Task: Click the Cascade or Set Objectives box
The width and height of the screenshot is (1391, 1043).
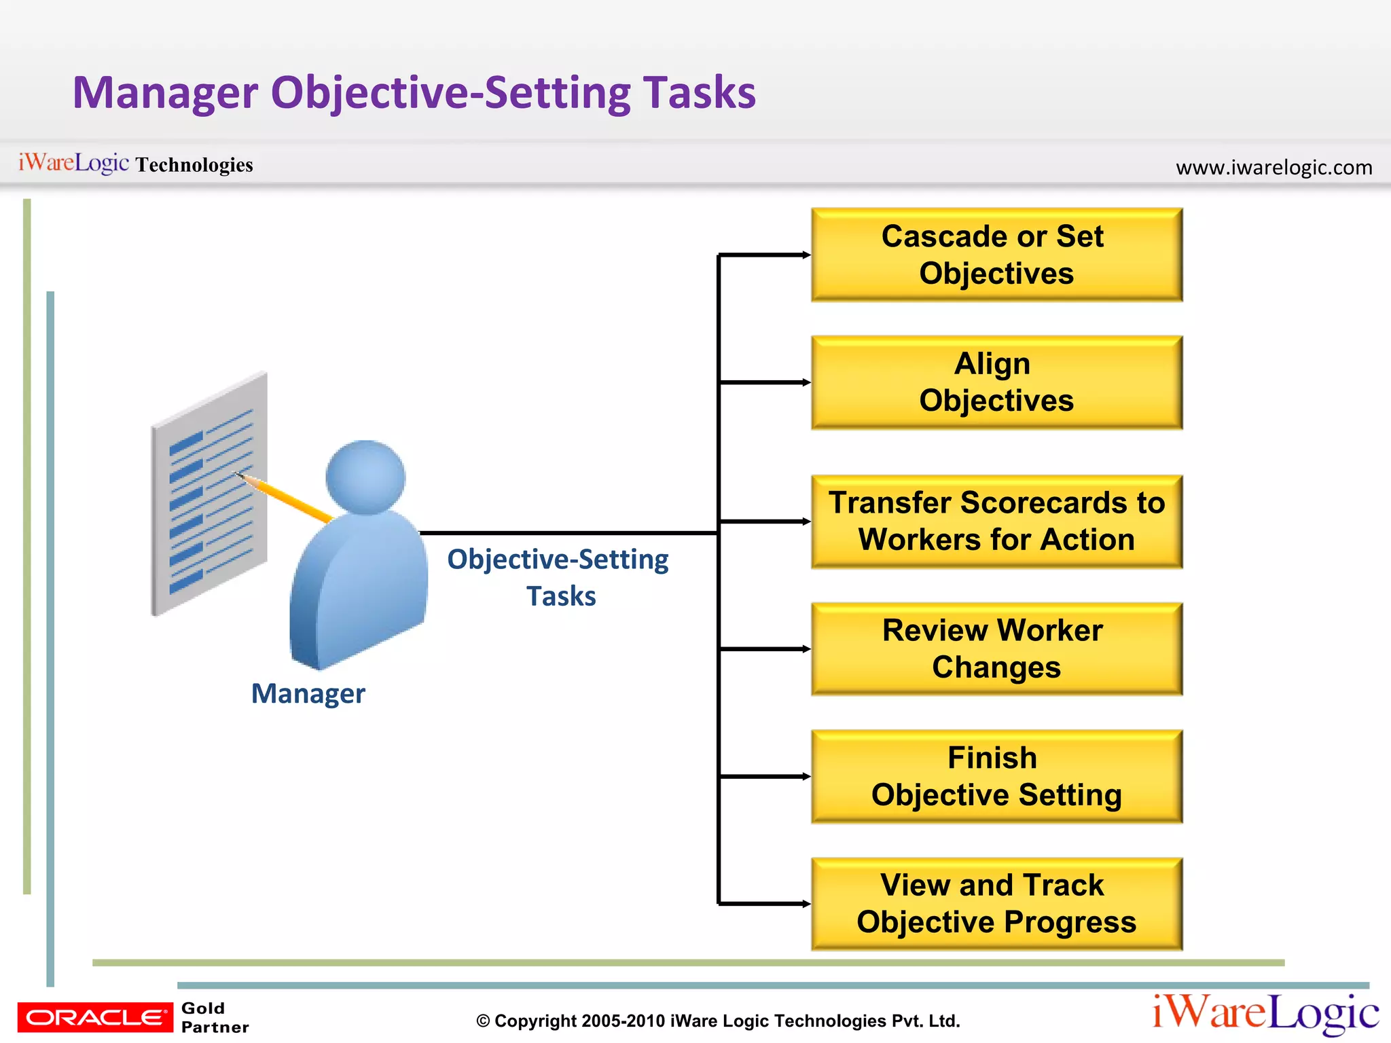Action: coord(996,255)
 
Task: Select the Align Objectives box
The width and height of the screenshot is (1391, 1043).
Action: coord(996,382)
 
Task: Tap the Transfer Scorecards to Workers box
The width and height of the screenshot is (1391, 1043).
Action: coord(996,521)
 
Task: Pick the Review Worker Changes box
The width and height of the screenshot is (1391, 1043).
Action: coord(996,649)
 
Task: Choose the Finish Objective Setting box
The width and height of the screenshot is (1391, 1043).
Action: coord(996,776)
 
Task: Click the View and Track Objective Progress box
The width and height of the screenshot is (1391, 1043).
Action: coord(996,904)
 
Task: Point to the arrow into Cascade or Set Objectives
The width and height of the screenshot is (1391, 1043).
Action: coord(765,255)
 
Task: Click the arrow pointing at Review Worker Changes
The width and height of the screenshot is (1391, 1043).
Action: coord(765,649)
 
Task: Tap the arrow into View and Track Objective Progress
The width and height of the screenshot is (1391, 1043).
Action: coord(765,904)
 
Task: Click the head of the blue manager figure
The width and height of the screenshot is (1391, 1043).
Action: coord(365,477)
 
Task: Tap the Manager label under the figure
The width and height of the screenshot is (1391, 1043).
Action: coord(308,694)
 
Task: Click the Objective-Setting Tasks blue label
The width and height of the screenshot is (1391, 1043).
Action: coord(558,577)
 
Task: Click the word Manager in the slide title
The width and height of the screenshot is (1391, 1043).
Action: coord(165,93)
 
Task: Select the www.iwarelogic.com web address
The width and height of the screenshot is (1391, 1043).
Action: coord(1273,167)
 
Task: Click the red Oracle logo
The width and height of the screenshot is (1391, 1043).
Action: coord(95,1017)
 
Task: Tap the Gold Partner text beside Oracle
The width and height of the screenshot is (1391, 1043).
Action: coord(214,1017)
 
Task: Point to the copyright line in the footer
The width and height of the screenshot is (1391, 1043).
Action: coord(718,1021)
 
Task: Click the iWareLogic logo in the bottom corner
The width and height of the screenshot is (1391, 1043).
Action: coord(1265,1013)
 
